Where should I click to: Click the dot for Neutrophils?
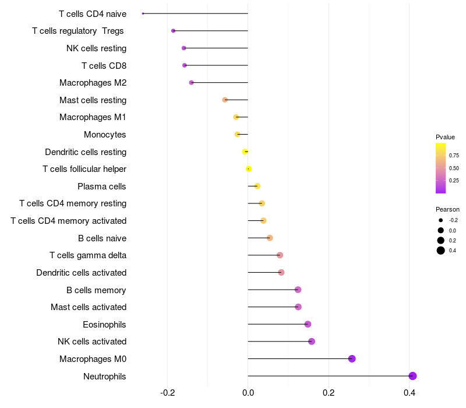coord(412,376)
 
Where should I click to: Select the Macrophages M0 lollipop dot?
coord(352,358)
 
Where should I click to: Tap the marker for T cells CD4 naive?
coord(143,13)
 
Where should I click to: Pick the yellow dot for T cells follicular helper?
coord(249,169)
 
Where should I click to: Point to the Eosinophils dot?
coord(308,324)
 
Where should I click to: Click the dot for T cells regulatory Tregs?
coord(173,31)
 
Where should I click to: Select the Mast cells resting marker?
coord(225,100)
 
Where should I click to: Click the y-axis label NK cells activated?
coord(92,342)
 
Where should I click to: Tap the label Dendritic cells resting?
coord(86,152)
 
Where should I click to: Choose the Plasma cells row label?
coord(102,187)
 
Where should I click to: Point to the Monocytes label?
coord(105,135)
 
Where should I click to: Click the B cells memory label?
coord(96,290)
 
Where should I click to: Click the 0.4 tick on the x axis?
coord(409,393)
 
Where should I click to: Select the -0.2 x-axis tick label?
coord(167,393)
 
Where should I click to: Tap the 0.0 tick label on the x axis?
coord(248,393)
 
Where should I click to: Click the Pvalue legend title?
coord(445,137)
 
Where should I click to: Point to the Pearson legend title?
coord(447,209)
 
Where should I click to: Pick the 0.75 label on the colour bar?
coord(454,156)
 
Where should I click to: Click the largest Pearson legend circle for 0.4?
coord(441,251)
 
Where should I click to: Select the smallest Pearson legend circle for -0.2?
coord(441,220)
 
